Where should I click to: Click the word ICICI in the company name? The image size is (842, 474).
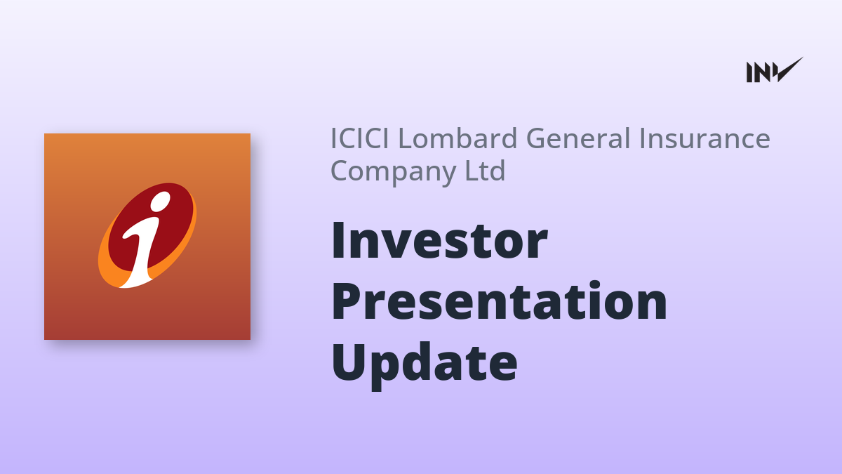tap(360, 138)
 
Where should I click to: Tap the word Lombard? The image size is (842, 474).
tap(457, 138)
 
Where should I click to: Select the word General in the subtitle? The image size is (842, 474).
tap(580, 138)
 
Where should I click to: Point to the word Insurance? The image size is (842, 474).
tap(704, 138)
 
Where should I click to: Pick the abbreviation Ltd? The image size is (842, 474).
tap(486, 170)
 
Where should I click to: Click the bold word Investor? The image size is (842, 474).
tap(439, 241)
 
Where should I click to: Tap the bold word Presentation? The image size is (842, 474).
tap(500, 301)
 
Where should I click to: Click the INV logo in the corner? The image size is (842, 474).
tap(775, 70)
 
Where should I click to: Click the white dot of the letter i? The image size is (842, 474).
tap(160, 202)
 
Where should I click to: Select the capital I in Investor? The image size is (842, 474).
tap(338, 241)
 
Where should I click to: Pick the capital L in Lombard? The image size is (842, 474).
tap(406, 138)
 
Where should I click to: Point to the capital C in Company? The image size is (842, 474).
tap(340, 170)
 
